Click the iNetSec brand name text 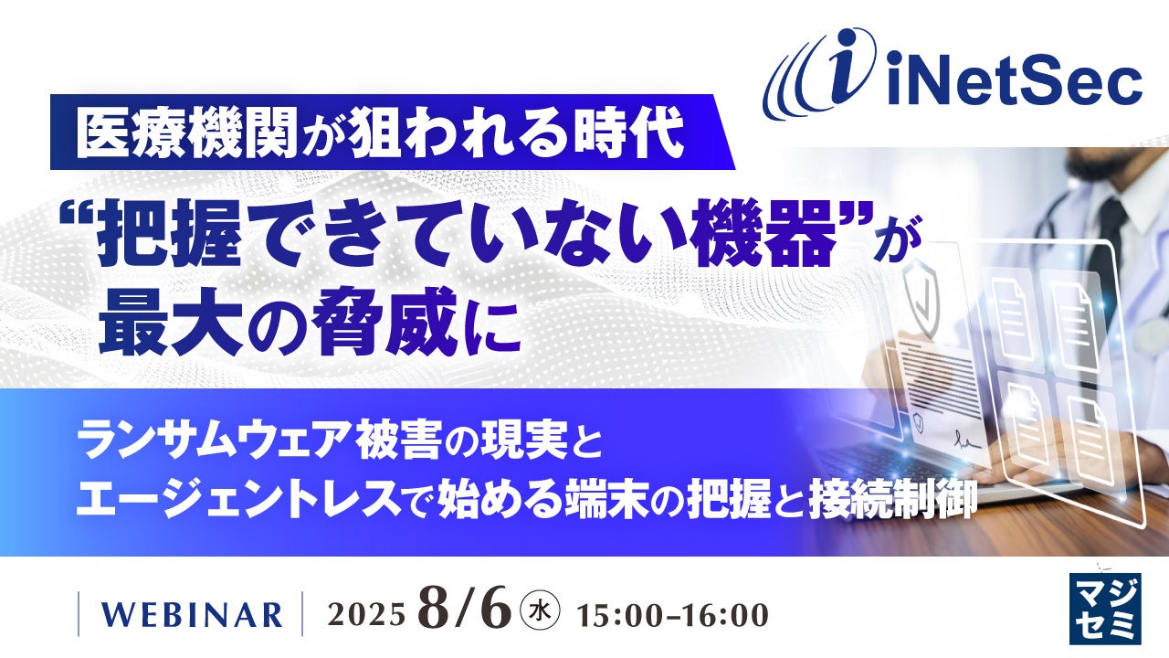click(x=1015, y=79)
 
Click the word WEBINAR click(x=191, y=615)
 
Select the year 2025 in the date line click(x=366, y=615)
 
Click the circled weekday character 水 click(x=542, y=610)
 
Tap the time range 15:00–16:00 click(x=672, y=615)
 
